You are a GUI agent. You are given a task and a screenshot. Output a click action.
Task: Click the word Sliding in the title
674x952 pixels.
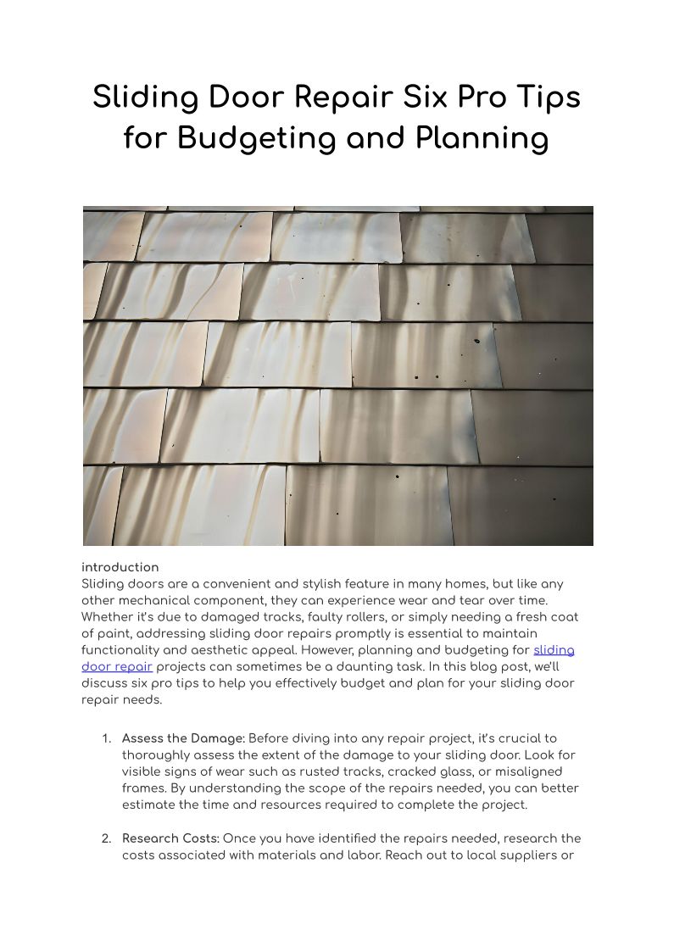[x=140, y=97]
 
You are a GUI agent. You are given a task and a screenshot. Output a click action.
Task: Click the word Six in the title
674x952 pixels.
[x=427, y=97]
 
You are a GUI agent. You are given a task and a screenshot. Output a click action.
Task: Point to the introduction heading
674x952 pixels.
[x=120, y=567]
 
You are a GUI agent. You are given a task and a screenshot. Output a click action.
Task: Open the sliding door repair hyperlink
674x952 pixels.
[x=554, y=650]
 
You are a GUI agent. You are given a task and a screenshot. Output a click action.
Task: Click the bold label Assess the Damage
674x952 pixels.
[x=183, y=738]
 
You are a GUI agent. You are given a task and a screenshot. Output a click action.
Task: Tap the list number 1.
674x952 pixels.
[x=106, y=738]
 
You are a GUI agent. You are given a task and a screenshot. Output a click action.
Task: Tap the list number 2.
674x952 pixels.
[x=106, y=838]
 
